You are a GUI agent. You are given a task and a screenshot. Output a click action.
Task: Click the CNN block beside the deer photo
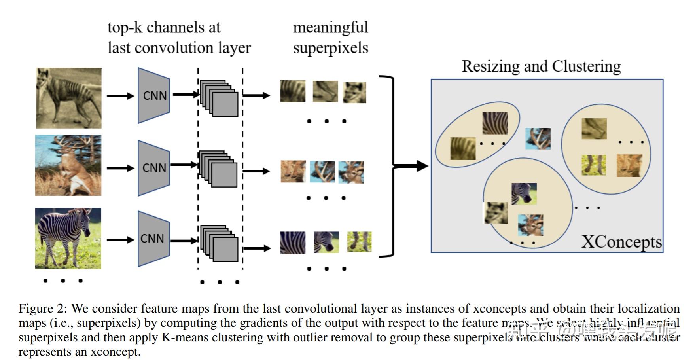[x=154, y=168]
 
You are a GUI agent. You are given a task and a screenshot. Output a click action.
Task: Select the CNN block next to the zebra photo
[x=153, y=239]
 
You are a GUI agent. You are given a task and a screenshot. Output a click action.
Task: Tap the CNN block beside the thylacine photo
[x=154, y=95]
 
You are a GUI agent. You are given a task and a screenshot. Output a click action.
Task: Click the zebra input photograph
[x=68, y=239]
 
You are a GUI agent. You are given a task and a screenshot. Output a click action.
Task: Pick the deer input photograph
[x=68, y=165]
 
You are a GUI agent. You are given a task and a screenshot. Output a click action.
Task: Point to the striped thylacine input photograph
[x=69, y=98]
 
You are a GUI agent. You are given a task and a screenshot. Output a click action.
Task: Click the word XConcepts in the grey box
[x=621, y=242]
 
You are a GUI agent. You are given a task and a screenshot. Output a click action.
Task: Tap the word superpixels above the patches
[x=330, y=48]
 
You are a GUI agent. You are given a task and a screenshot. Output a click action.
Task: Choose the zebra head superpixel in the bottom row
[x=326, y=242]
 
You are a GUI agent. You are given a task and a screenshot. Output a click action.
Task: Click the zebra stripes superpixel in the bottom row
[x=293, y=243]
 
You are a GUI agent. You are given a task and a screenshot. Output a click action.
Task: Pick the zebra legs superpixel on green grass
[x=359, y=242]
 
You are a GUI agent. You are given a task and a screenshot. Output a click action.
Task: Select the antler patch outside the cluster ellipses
[x=538, y=138]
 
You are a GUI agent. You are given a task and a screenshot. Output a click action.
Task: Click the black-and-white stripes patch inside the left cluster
[x=495, y=123]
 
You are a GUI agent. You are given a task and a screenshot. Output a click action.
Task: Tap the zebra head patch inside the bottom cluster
[x=524, y=193]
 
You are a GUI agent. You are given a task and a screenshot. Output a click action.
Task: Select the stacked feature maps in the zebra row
[x=220, y=243]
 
